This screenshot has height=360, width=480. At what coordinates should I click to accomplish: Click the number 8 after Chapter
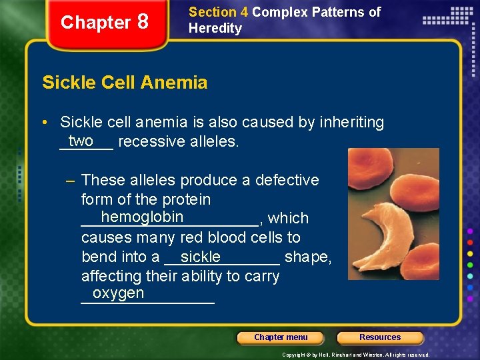142,22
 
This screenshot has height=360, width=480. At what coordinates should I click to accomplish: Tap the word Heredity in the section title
215,28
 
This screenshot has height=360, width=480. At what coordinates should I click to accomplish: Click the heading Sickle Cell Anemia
125,83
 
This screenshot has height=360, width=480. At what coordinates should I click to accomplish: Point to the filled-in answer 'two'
81,140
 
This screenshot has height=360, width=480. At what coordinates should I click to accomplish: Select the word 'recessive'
150,142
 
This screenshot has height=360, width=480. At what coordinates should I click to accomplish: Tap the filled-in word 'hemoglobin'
142,217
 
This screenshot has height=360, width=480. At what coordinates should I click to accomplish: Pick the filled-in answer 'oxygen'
118,293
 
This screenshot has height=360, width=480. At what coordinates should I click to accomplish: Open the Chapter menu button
281,337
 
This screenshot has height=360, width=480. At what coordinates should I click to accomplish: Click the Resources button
380,337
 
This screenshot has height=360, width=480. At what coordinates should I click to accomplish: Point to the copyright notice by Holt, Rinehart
356,355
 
